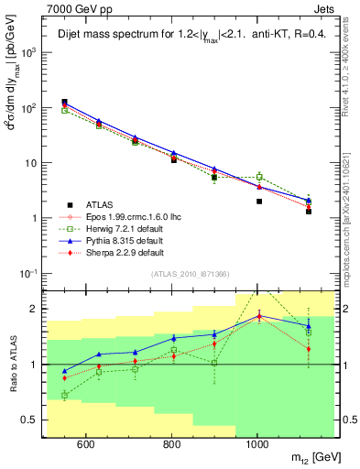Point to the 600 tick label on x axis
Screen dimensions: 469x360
coord(85,446)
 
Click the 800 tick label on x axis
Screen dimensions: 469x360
coord(171,446)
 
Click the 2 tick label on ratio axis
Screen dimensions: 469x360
coord(38,309)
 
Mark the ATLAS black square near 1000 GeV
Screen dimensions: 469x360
coord(259,202)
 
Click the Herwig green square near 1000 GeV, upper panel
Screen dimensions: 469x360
coord(259,177)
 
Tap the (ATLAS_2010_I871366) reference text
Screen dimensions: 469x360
coord(191,274)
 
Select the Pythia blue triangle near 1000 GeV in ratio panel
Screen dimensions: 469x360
coord(259,316)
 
